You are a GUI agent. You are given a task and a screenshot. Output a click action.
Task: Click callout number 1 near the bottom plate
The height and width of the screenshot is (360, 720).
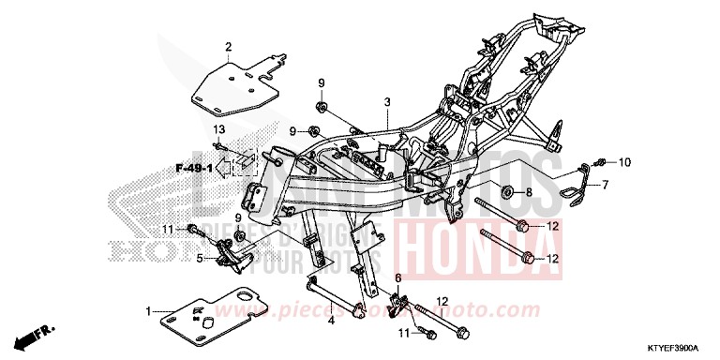coord(148,310)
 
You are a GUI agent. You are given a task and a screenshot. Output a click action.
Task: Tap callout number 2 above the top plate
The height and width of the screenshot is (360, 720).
coord(227,46)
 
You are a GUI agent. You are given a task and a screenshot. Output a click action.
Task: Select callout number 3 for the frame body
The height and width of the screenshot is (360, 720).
coord(385,101)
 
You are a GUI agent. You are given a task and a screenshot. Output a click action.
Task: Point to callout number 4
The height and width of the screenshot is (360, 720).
coord(331,321)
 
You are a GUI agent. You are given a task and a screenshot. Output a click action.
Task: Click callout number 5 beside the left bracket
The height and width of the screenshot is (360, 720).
coord(201,256)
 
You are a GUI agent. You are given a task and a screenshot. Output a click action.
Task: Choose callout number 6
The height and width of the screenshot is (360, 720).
coord(397,278)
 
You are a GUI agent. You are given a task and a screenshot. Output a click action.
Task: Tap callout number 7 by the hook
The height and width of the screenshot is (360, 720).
coord(605,185)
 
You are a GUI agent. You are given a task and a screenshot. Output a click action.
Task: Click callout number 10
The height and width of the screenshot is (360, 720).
coord(624,161)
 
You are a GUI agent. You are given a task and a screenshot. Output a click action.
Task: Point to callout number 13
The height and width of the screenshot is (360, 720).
coord(218,127)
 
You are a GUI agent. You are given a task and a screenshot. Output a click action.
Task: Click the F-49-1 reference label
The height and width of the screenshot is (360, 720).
coord(193,169)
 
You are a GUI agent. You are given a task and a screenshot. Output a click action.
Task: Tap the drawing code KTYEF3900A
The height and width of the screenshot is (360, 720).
coord(678,347)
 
